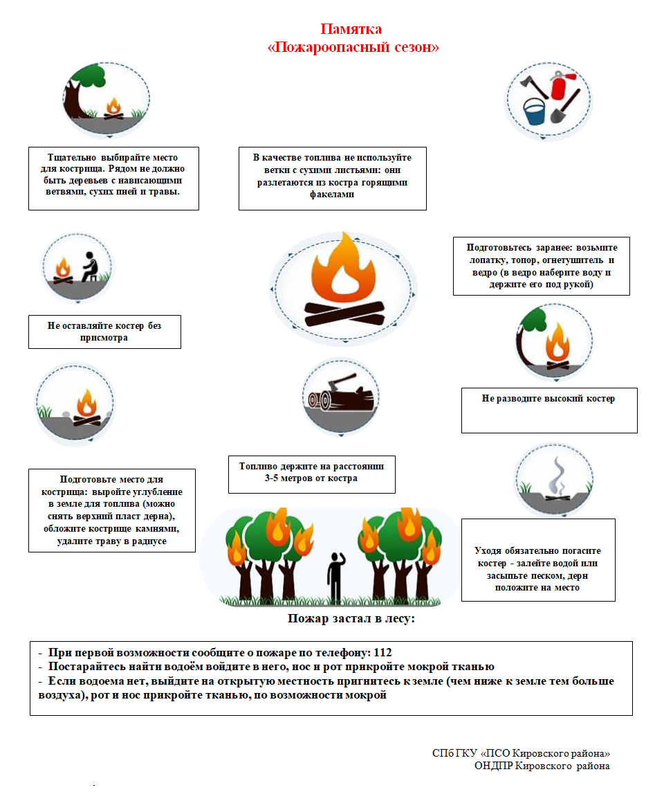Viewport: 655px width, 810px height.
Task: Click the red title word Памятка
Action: coord(351,29)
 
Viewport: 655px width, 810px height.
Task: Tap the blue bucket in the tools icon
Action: coord(534,111)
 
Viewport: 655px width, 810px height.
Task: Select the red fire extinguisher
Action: coord(559,86)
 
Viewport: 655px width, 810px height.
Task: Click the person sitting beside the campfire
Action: coord(89,266)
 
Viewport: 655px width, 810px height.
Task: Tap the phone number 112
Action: coord(382,652)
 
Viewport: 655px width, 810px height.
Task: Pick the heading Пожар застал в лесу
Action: coord(351,618)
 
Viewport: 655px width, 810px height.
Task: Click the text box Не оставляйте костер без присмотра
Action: coord(104,332)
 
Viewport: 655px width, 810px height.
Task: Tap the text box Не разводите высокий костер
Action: coord(548,399)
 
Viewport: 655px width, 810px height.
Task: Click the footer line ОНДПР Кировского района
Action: coord(542,766)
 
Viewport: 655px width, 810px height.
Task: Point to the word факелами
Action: coord(332,195)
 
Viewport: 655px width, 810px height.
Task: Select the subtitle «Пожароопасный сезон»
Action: coord(353,48)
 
